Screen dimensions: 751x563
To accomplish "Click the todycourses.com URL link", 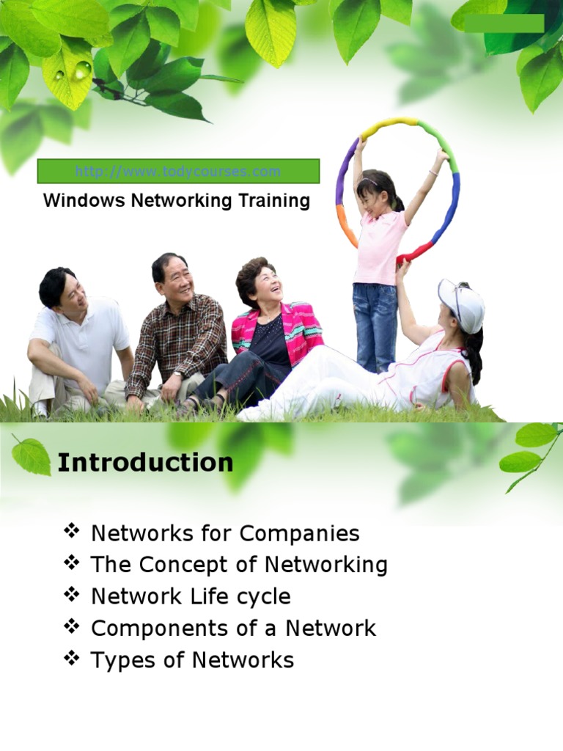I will pos(177,172).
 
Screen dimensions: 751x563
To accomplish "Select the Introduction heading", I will pos(145,463).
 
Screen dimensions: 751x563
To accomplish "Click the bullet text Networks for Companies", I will pos(225,533).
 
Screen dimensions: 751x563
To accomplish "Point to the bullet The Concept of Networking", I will pos(239,565).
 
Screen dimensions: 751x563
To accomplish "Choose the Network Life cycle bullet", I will pos(191,596).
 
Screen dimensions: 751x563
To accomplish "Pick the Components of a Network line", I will pos(233,628).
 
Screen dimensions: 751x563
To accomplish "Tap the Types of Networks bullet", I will pos(192,660).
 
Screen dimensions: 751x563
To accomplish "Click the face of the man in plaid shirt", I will pos(177,276).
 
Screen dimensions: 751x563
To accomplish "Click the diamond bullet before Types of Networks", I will pos(71,659).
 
